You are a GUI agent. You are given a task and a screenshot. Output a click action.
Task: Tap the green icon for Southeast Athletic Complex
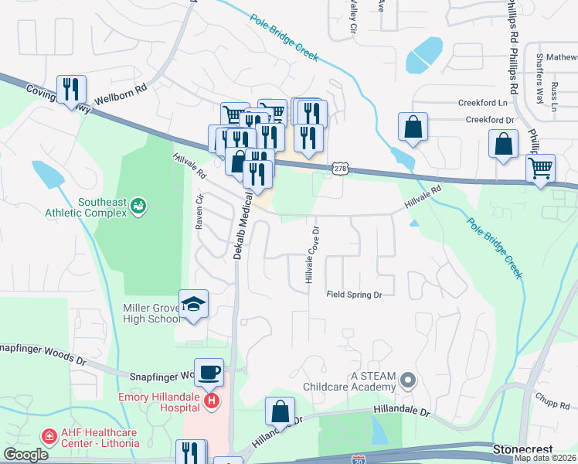click(139, 205)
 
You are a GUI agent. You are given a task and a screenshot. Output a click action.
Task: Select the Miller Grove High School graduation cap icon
click(194, 304)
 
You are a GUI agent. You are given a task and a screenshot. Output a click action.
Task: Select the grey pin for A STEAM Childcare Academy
click(409, 380)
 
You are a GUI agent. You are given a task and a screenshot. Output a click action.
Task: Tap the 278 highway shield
click(339, 168)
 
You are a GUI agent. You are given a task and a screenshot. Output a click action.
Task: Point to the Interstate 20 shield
click(359, 459)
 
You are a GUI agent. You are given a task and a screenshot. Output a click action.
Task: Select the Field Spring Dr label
click(355, 295)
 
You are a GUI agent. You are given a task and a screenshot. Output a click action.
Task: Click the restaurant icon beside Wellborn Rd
click(70, 87)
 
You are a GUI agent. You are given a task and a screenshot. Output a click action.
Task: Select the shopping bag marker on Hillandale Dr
click(281, 411)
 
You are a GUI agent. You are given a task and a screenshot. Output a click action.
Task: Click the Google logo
click(25, 455)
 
